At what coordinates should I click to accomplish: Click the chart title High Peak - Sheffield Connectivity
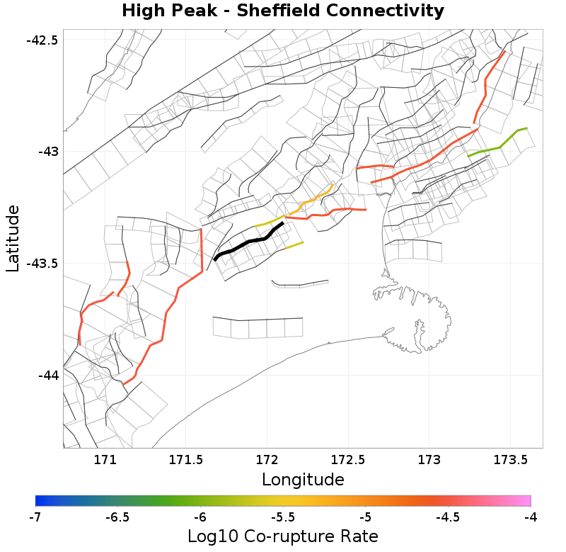coord(283,11)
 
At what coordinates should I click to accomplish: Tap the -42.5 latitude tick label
coord(42,40)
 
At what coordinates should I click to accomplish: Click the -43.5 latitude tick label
coord(42,264)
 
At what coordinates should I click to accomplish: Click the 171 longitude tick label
coord(105,460)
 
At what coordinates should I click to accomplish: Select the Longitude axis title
coord(303,480)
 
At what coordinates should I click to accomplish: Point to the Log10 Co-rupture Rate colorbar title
coord(283,536)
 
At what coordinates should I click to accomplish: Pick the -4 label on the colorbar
coord(531,517)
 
